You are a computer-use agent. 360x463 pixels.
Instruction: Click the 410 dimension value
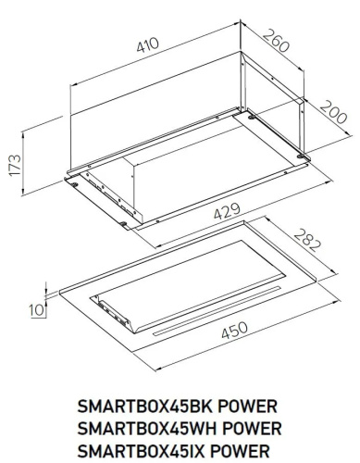pos(149,44)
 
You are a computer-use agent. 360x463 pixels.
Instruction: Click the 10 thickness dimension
pos(34,310)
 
